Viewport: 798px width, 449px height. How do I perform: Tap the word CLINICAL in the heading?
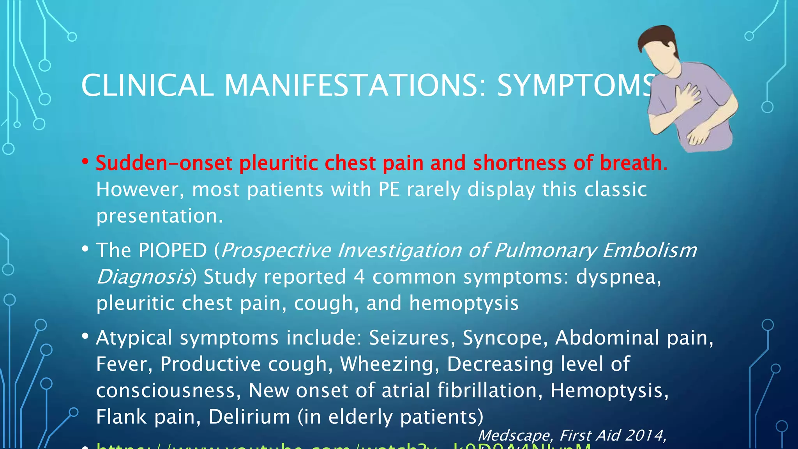[147, 85]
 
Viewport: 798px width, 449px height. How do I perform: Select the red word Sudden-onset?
[164, 163]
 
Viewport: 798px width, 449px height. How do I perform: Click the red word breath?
[634, 163]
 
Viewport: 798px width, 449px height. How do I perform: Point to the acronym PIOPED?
[173, 250]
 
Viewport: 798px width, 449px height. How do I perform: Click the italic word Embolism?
[650, 250]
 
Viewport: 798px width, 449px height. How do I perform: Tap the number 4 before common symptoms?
[359, 277]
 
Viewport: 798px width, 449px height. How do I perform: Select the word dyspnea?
[618, 278]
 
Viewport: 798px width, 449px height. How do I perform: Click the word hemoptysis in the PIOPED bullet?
[464, 303]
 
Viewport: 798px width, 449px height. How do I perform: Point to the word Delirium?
[249, 417]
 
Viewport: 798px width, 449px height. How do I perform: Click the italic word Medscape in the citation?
[514, 435]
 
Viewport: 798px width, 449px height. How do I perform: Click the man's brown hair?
[659, 37]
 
